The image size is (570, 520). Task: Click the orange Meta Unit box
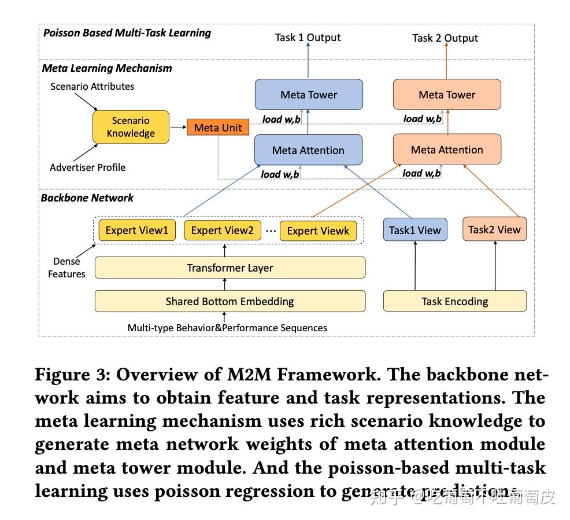pyautogui.click(x=218, y=127)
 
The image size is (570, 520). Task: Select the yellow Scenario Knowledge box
pyautogui.click(x=131, y=127)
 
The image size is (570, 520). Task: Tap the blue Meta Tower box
pyautogui.click(x=309, y=95)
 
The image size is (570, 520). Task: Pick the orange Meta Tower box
pyautogui.click(x=447, y=95)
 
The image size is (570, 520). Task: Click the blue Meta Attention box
pyautogui.click(x=308, y=150)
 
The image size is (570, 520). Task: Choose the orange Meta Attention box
pyautogui.click(x=447, y=149)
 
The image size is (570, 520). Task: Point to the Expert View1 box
pyautogui.click(x=136, y=230)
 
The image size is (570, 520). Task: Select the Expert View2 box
pyautogui.click(x=223, y=230)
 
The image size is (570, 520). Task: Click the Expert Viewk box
pyautogui.click(x=318, y=231)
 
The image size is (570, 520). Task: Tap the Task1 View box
pyautogui.click(x=414, y=230)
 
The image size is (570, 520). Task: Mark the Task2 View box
pyautogui.click(x=494, y=229)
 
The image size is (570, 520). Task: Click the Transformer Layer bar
pyautogui.click(x=230, y=268)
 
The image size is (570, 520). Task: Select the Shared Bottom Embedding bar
pyautogui.click(x=230, y=301)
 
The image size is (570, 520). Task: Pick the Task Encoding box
pyautogui.click(x=455, y=301)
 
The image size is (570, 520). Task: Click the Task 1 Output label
pyautogui.click(x=308, y=38)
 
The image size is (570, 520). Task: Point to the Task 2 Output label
pyautogui.click(x=445, y=38)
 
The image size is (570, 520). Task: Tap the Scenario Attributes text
pyautogui.click(x=92, y=86)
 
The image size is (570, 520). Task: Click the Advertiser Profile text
pyautogui.click(x=87, y=167)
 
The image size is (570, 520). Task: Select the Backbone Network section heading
pyautogui.click(x=87, y=197)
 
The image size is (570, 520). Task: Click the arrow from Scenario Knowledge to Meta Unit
pyautogui.click(x=178, y=127)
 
